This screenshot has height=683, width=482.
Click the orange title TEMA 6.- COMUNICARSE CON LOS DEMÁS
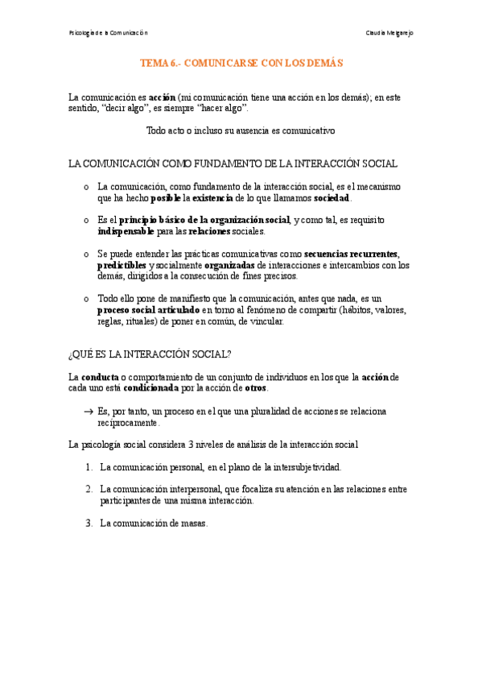point(241,61)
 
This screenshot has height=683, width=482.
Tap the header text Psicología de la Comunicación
point(109,32)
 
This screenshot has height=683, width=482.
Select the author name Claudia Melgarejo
point(389,32)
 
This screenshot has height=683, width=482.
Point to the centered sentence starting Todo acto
point(241,130)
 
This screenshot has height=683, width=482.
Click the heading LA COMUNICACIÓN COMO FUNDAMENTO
point(233,164)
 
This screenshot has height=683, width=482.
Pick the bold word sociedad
point(332,197)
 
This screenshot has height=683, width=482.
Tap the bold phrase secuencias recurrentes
point(351,254)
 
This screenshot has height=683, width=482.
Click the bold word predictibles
point(122,265)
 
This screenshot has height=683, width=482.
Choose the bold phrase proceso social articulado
point(148,309)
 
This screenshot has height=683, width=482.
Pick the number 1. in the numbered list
point(89,466)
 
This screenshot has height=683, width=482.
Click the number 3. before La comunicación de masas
point(89,523)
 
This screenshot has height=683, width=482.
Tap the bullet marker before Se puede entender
point(86,254)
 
